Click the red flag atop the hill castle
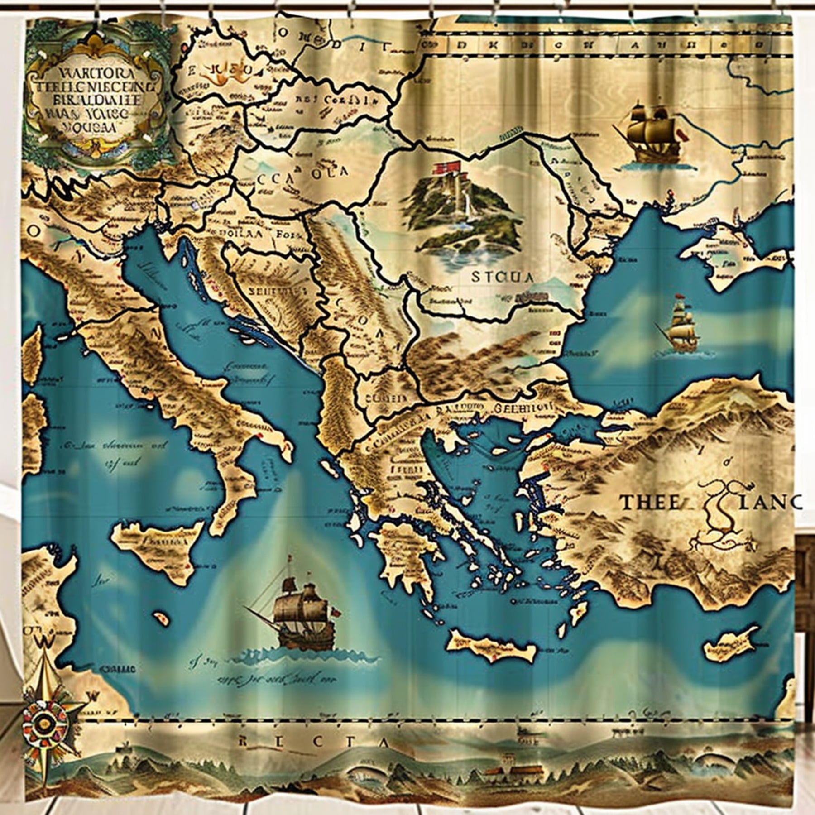(446, 169)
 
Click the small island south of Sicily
(159, 618)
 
